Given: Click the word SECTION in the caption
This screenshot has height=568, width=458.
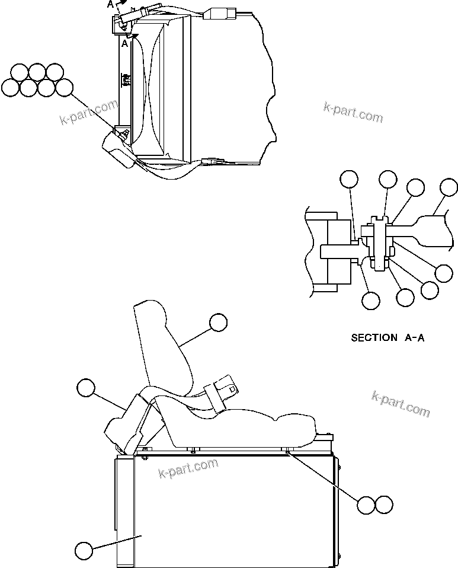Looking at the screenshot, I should click(374, 338).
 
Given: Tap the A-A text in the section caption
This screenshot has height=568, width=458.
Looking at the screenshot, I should click(415, 338).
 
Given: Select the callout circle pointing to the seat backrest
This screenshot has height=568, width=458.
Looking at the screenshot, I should click(218, 323).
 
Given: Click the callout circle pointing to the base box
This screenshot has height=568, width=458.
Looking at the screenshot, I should click(84, 550).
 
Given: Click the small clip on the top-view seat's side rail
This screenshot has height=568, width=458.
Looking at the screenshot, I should click(126, 79).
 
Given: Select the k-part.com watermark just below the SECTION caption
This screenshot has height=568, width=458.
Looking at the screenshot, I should click(401, 403).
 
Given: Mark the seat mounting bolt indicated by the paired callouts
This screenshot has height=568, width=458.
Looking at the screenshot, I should click(287, 452).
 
